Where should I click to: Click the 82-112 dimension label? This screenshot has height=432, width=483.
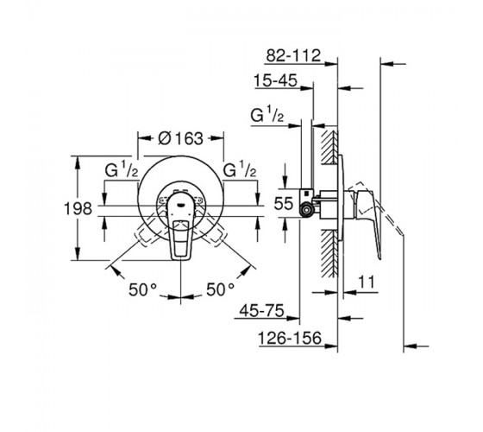click(293, 55)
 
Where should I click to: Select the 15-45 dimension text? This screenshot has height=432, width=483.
click(276, 81)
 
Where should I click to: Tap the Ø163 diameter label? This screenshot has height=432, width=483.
click(181, 138)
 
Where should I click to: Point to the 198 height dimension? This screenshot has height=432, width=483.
click(78, 208)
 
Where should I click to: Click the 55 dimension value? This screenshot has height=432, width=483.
click(284, 204)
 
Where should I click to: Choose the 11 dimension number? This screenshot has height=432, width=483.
click(367, 282)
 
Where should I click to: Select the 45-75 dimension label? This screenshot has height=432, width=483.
click(262, 310)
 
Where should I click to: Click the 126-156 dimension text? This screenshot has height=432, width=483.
click(290, 338)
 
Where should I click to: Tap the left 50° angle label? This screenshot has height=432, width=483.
click(142, 289)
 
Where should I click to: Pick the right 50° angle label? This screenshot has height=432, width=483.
click(220, 289)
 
